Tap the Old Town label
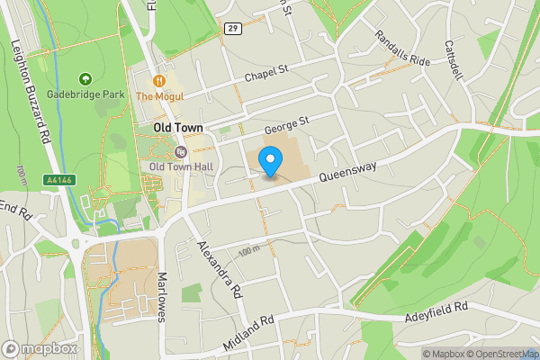[177, 129]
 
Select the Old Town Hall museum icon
[181, 152]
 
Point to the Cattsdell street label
[453, 58]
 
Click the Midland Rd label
[248, 334]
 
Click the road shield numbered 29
[233, 29]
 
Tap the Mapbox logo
[40, 348]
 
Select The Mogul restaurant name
[160, 96]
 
